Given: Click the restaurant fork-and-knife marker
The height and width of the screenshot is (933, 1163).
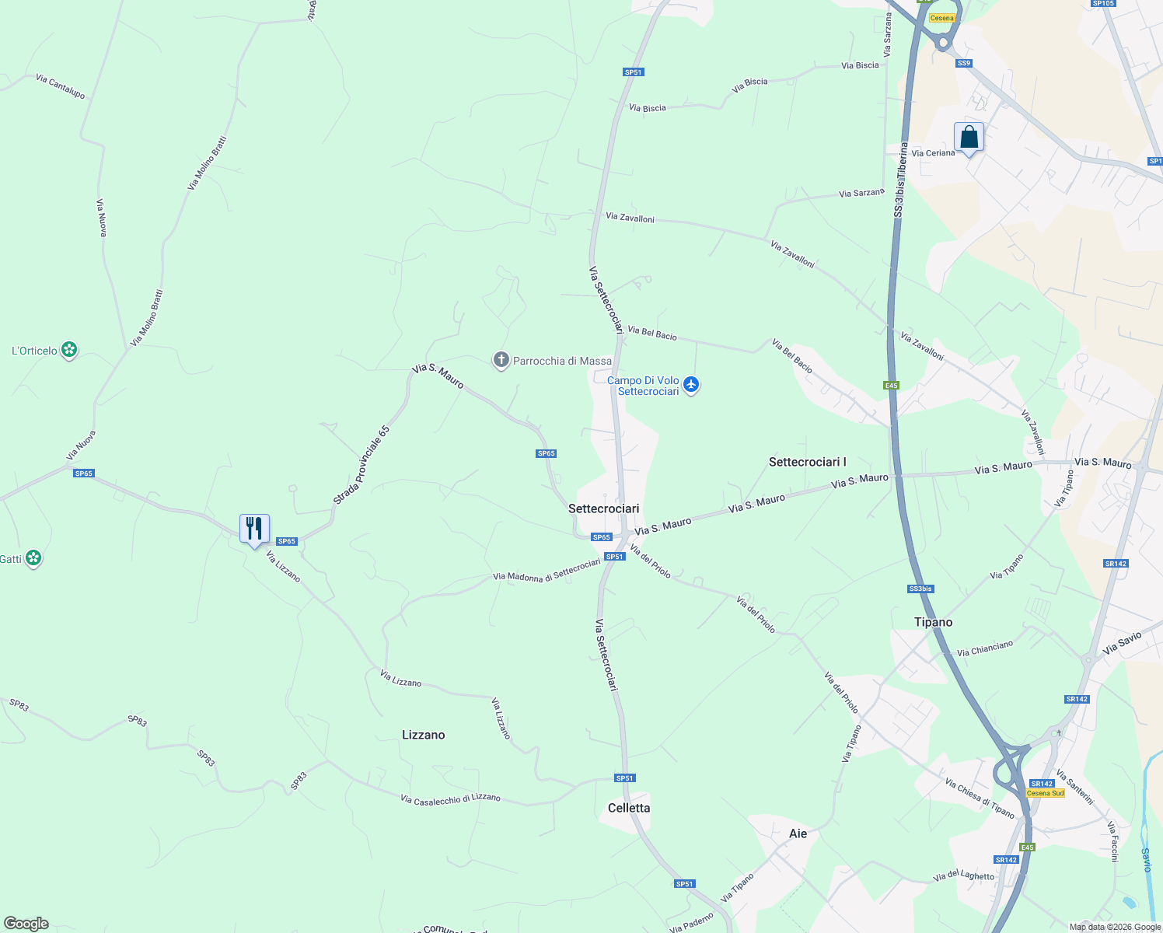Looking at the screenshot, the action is [x=254, y=529].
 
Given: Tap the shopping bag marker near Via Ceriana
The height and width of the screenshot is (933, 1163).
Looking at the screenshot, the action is [x=969, y=137].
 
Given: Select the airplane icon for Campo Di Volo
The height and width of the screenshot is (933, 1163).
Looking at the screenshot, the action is [x=691, y=384].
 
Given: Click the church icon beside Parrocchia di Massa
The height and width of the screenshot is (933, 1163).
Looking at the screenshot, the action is [x=501, y=360].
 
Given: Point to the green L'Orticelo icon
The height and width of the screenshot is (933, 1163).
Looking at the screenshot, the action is [x=69, y=351].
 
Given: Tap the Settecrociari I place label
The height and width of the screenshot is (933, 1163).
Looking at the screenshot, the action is [x=807, y=462].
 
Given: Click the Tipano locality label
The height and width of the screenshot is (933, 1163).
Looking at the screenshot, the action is [x=933, y=622].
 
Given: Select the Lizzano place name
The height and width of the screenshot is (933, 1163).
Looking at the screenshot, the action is [x=423, y=735].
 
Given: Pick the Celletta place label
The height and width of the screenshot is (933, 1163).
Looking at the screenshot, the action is [x=629, y=808].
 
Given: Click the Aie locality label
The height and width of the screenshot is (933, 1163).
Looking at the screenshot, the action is [x=798, y=833].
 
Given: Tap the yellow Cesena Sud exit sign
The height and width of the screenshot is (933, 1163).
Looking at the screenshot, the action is [x=1045, y=793].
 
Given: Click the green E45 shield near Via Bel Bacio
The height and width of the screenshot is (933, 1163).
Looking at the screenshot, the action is [x=891, y=386].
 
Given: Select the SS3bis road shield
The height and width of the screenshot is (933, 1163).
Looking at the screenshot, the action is [x=920, y=589].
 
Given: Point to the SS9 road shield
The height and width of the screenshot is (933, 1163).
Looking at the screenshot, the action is [x=964, y=63].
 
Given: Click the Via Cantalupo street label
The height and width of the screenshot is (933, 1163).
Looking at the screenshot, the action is [x=60, y=86].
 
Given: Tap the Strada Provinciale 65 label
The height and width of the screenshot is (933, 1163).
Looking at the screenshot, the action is [x=361, y=465].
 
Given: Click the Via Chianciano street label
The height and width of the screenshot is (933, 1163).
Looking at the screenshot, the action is [x=985, y=648].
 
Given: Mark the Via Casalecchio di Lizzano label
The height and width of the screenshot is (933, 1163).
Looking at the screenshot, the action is [x=450, y=798].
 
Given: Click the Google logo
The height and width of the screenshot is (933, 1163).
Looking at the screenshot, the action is [x=26, y=924].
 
